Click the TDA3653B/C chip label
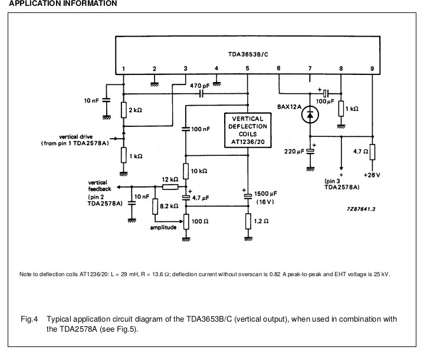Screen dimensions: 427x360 (248, 54)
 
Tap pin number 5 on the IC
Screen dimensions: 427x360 (247, 68)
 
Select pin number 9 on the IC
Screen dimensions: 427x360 (372, 68)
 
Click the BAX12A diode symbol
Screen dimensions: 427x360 (310, 114)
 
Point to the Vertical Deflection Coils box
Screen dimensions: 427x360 (248, 130)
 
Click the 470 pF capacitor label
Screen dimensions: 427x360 (199, 86)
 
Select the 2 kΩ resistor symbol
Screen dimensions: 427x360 (124, 110)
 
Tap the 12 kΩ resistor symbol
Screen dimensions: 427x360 (170, 186)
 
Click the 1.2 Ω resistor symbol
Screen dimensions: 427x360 (248, 221)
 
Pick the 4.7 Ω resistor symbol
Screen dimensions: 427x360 (372, 152)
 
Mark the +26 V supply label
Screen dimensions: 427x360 (372, 175)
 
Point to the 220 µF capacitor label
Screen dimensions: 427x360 (294, 151)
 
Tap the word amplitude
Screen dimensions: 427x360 (163, 227)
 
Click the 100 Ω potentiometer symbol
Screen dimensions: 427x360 (186, 221)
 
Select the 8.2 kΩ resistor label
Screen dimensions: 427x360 (169, 206)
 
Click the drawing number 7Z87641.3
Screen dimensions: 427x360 (361, 209)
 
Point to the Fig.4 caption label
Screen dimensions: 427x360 (29, 319)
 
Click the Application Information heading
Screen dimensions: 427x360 (63, 4)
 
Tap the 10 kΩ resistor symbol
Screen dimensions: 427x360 (186, 171)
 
